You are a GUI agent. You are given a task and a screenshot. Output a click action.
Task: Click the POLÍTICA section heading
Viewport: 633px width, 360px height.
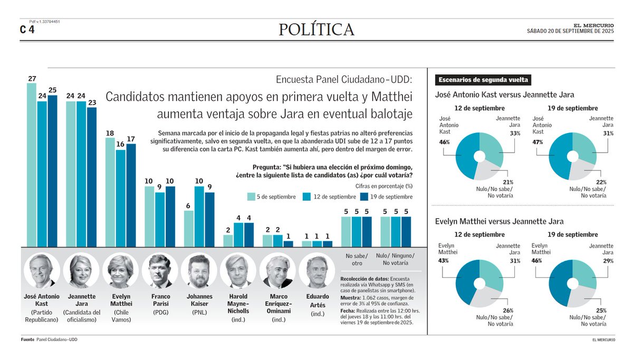coord(316,30)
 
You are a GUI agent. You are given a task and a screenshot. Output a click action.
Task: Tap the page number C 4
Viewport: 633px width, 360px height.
coord(27,30)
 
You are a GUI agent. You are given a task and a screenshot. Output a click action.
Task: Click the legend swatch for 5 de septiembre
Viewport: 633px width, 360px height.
coord(252,197)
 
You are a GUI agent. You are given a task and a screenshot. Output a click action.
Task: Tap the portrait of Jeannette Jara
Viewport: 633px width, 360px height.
coord(81,270)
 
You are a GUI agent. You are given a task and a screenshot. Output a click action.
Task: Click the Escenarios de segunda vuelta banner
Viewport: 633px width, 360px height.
coord(483,80)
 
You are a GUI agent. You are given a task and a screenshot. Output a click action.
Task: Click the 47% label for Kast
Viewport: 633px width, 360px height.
coord(539,141)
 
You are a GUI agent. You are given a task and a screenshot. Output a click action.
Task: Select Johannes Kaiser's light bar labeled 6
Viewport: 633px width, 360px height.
coord(189,229)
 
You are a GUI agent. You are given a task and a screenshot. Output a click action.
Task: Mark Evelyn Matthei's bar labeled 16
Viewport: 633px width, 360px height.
coord(120,198)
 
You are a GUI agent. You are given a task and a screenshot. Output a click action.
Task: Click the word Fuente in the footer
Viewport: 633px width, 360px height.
coord(27,339)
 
